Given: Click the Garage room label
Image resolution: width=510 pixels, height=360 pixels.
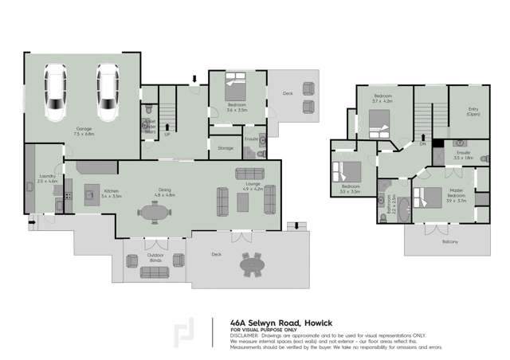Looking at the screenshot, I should click(x=84, y=130).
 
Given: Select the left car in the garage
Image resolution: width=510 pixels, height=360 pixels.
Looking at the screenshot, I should click(x=55, y=93).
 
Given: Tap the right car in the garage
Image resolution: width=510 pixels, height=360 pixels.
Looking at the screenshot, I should click(x=108, y=93).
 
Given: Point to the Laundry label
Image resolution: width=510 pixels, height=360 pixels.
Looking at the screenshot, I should click(x=46, y=178).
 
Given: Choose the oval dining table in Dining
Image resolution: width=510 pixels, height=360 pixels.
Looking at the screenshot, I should click(x=154, y=213).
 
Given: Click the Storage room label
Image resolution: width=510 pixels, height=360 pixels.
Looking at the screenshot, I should click(x=225, y=147).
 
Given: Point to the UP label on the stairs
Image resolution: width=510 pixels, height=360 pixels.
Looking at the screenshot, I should click(x=167, y=135).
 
